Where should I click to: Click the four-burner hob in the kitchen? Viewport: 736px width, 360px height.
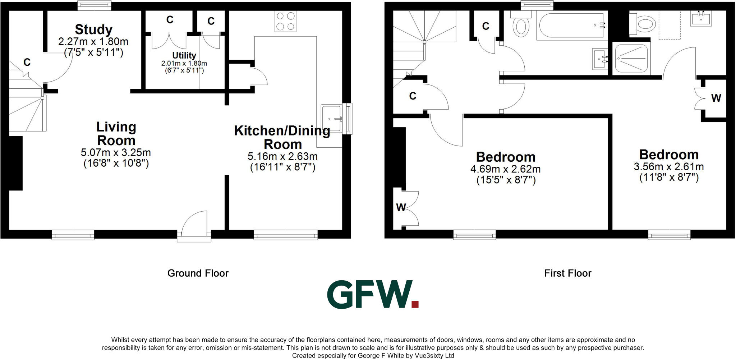[286, 21]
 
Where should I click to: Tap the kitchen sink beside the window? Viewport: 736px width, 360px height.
[331, 119]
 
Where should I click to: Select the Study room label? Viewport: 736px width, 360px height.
[93, 29]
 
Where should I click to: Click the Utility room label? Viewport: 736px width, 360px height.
[184, 55]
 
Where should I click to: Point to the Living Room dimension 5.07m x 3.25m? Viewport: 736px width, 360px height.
[116, 152]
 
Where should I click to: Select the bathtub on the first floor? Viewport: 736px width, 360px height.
[571, 26]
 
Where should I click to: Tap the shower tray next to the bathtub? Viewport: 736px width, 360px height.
[631, 58]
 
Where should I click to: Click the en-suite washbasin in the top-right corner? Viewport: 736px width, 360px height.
[701, 18]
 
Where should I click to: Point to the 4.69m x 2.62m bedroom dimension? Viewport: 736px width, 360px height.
[505, 169]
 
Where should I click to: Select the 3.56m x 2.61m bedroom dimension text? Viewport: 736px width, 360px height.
[668, 167]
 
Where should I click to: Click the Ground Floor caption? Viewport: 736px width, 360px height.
[198, 273]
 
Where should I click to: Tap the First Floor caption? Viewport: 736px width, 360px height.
[567, 273]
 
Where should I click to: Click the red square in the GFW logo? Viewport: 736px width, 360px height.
[415, 304]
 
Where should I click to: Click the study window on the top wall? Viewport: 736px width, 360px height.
[95, 5]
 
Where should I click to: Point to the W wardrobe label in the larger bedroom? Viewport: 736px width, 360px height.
[401, 207]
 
